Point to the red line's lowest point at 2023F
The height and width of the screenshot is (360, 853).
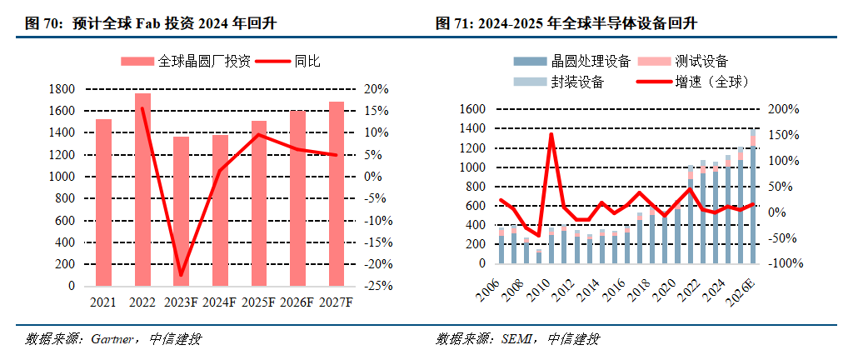pos(181,274)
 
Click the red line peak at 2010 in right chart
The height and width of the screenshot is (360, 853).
pos(550,134)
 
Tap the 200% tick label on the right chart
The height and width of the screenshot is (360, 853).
pos(783,109)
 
